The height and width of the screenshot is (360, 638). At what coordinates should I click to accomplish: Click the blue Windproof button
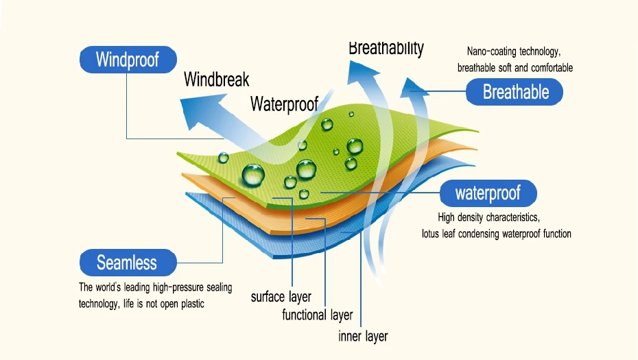point(128,60)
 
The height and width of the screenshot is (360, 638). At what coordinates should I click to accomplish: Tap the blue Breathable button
point(515,92)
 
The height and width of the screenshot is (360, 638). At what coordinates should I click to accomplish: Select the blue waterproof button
point(488,193)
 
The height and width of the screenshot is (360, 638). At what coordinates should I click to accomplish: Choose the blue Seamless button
point(127,263)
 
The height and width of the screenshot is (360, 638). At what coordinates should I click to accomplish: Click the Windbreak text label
point(216,80)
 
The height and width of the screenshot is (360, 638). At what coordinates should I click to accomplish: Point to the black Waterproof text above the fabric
point(284,104)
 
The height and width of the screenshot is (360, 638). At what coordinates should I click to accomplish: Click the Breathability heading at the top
point(386,48)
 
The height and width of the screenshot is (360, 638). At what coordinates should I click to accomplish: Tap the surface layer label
point(281,297)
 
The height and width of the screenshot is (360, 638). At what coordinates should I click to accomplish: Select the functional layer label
point(317,315)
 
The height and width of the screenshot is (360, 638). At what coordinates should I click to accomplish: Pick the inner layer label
point(363,336)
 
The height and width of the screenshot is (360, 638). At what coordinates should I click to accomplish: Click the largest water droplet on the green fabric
point(252,175)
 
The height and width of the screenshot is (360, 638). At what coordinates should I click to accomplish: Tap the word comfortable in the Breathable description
point(551,68)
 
